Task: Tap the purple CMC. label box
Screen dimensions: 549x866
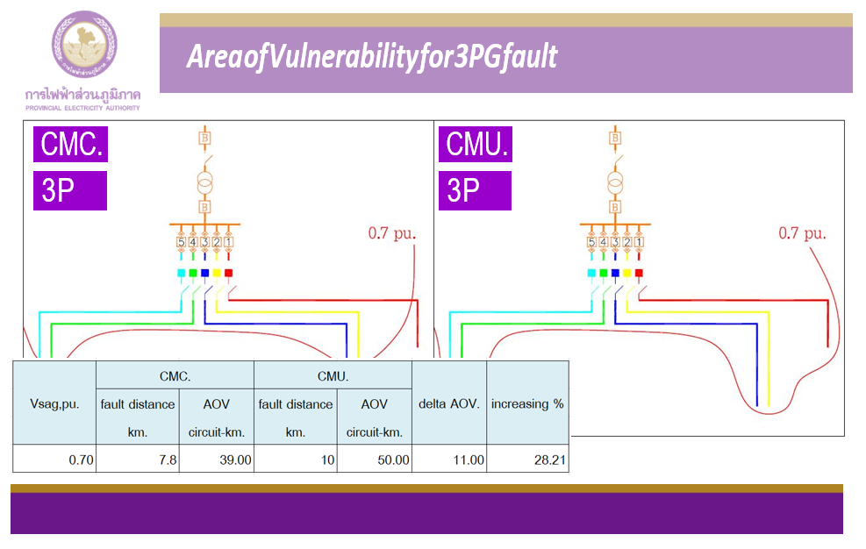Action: click(x=70, y=145)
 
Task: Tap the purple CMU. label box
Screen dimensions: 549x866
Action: click(x=476, y=145)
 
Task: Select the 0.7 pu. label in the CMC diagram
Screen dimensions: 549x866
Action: click(x=392, y=234)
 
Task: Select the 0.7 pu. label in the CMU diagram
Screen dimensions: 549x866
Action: click(x=802, y=234)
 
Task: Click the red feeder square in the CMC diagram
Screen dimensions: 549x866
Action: click(x=228, y=273)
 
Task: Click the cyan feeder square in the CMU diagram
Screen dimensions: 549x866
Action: click(x=591, y=273)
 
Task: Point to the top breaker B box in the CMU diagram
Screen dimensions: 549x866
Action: click(x=615, y=139)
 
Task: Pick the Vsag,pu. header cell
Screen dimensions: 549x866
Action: click(x=54, y=403)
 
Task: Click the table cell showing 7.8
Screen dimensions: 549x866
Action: click(x=138, y=460)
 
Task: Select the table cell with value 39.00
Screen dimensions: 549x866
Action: click(x=217, y=460)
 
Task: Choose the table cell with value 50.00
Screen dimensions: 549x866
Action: click(x=375, y=460)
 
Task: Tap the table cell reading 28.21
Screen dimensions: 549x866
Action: click(x=527, y=460)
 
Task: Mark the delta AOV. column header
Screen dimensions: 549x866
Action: click(x=448, y=403)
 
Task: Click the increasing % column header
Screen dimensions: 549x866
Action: click(x=527, y=403)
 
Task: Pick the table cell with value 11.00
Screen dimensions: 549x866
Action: click(x=448, y=460)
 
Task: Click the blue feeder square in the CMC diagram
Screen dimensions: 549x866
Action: click(x=204, y=273)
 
